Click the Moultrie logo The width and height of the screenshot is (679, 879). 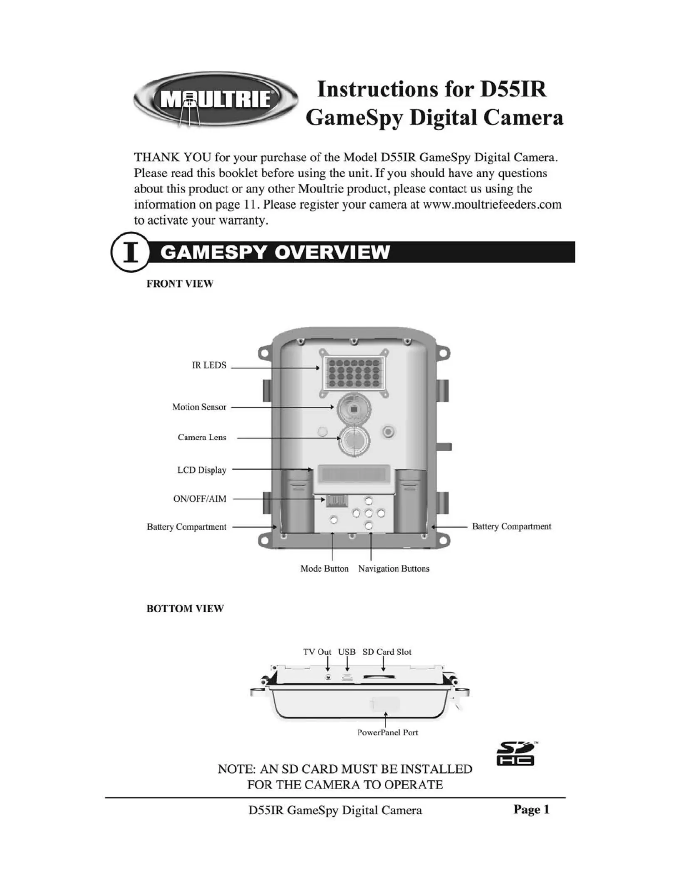pos(216,99)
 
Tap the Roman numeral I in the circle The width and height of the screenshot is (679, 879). pos(131,253)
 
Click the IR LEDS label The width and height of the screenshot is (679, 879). pos(209,365)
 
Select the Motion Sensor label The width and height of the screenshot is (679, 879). pos(199,407)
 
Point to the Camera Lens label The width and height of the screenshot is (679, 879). pos(202,437)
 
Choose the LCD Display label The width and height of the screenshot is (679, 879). pos(202,470)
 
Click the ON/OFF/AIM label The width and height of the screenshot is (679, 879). pos(200,499)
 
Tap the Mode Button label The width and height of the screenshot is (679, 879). pos(325,569)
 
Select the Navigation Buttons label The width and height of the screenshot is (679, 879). pos(394,569)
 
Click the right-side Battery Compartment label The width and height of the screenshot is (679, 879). pos(511,526)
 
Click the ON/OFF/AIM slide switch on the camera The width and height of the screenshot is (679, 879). pos(336,501)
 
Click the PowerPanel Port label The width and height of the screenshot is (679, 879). pos(388,732)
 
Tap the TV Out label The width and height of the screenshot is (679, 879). pos(317,652)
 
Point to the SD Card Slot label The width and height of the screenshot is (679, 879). pos(387,652)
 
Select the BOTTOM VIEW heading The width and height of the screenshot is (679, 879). pos(185,608)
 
